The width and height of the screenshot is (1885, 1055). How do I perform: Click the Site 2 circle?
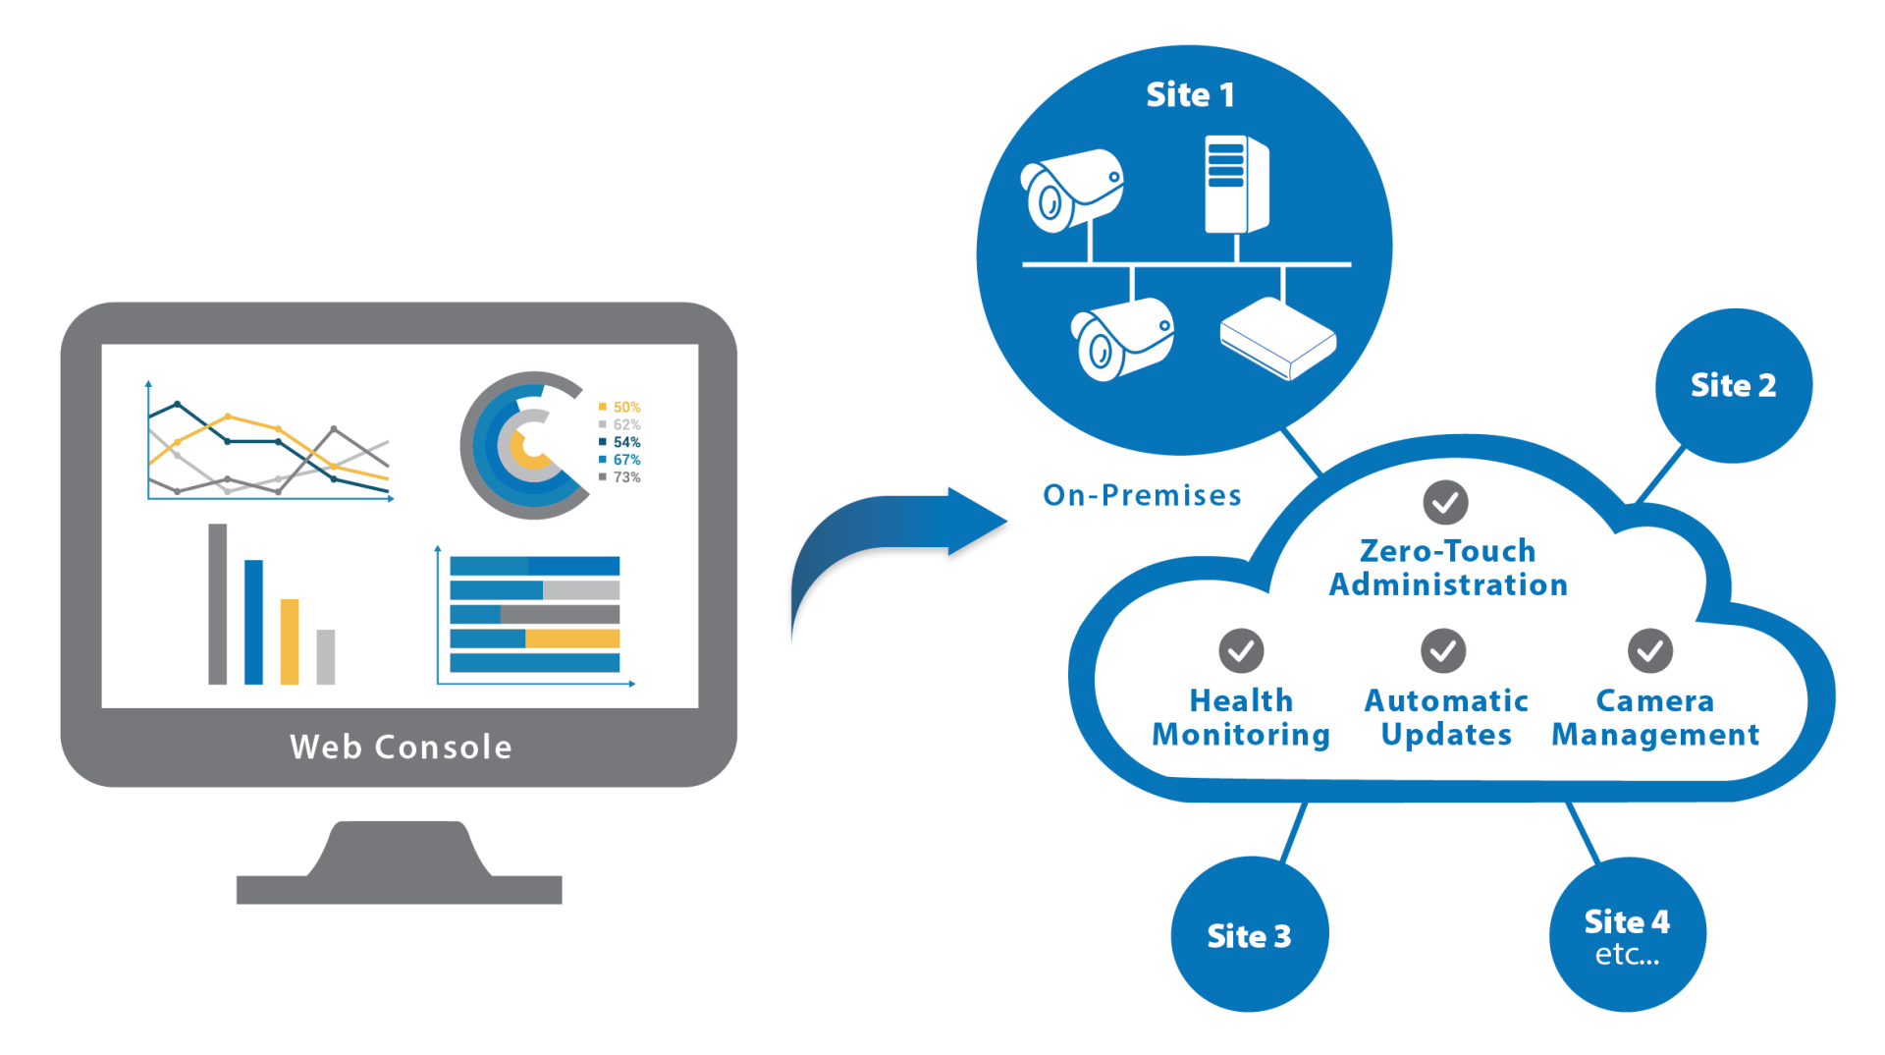click(x=1733, y=385)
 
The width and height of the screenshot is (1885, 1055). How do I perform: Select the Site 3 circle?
click(x=1249, y=935)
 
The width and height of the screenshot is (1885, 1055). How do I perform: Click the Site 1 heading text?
click(x=1190, y=94)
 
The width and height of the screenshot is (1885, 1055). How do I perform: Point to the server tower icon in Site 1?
click(x=1236, y=185)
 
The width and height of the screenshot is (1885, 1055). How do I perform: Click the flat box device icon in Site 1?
click(x=1277, y=338)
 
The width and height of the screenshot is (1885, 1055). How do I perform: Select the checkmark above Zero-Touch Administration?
click(x=1445, y=503)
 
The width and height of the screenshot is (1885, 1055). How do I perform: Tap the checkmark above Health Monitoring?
click(x=1241, y=650)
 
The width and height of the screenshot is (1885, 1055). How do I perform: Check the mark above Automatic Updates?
click(x=1443, y=650)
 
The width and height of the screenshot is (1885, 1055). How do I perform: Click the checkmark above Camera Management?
click(x=1650, y=650)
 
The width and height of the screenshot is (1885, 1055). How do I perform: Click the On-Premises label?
click(x=1142, y=495)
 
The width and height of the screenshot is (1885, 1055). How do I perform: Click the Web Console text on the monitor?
click(x=401, y=747)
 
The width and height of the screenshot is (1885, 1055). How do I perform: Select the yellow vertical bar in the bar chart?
click(x=290, y=641)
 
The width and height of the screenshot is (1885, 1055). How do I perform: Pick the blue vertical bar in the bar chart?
click(x=253, y=622)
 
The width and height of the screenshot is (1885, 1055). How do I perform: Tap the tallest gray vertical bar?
click(x=218, y=604)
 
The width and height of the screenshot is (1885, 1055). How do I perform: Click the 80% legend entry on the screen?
click(x=620, y=407)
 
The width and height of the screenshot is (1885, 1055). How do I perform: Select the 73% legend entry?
click(x=620, y=477)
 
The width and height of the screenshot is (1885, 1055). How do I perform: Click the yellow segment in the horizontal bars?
click(x=572, y=639)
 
